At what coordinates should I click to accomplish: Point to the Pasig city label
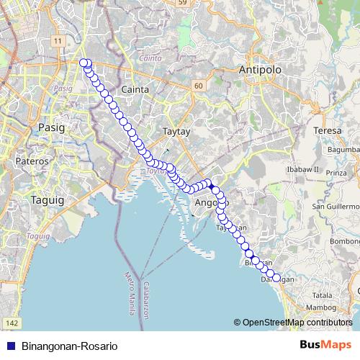click(50, 127)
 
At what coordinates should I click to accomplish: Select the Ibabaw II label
click(302, 169)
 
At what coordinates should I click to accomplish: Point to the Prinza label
click(336, 173)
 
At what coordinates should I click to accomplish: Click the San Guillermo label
click(336, 207)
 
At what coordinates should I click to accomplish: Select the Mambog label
click(321, 307)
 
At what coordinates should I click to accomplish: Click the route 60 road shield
click(197, 85)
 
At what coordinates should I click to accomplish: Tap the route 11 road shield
click(56, 40)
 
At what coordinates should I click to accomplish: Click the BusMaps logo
click(325, 345)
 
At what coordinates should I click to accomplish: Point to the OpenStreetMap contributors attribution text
click(296, 323)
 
